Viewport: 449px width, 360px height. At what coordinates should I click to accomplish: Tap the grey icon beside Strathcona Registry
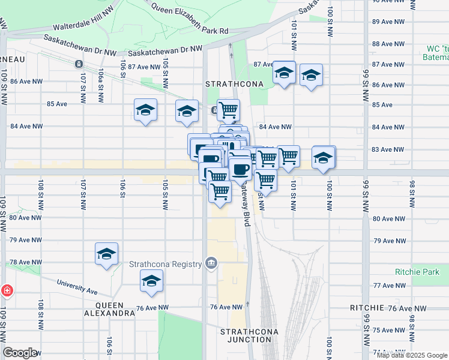coord(211,263)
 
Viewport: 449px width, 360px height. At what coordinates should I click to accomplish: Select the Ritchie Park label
coord(417,272)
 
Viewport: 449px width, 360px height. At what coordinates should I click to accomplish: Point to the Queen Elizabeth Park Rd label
coord(190,19)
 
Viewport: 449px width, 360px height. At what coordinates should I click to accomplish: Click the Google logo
coord(20,353)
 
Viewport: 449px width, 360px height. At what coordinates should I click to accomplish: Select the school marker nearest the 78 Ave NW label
coord(106,254)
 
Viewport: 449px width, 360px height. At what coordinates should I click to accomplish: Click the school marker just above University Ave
coord(152,281)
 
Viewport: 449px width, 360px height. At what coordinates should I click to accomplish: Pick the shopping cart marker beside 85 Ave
coord(228,110)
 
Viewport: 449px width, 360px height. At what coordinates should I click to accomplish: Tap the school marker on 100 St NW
coord(324,157)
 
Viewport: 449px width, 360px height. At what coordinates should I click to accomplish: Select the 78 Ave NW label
coord(26,263)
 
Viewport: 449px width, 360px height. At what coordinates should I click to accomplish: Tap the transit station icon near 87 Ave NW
coord(78,64)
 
